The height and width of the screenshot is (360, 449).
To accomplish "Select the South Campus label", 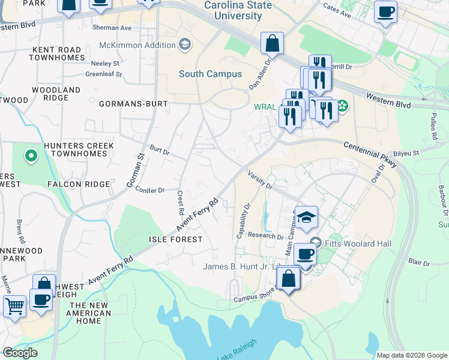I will (x=210, y=74).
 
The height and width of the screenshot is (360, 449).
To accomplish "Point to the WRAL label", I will (x=265, y=107).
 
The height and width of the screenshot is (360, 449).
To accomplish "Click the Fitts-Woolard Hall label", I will (x=358, y=244).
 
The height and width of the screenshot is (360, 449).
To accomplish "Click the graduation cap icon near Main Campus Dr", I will (x=306, y=217).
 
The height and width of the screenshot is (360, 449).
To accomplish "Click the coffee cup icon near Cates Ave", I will (x=385, y=11).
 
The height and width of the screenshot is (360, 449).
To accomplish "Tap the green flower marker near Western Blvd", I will (x=342, y=106).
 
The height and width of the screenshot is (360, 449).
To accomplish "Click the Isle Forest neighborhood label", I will (x=175, y=239).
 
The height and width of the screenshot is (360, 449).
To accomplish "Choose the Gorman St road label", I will (x=136, y=172).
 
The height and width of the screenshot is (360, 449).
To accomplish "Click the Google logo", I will (x=20, y=353).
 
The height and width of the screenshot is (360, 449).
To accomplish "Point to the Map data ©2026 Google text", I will (x=411, y=355).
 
